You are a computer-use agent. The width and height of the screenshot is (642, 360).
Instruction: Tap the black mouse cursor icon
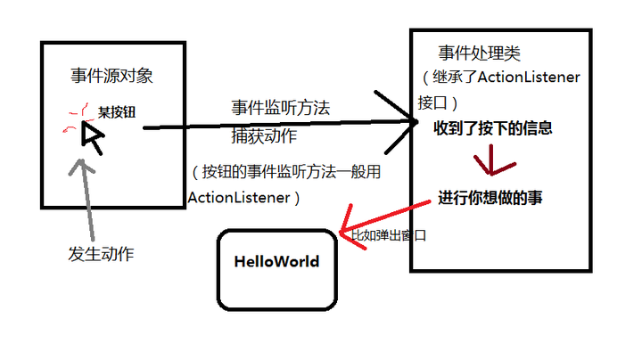point(92,135)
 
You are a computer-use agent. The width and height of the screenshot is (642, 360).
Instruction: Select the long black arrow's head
point(406,126)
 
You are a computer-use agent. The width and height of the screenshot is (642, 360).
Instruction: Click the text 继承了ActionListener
point(504,78)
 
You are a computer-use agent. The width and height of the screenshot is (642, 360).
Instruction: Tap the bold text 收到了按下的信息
point(493,128)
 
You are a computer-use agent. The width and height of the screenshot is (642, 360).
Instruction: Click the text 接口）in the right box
point(438,101)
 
